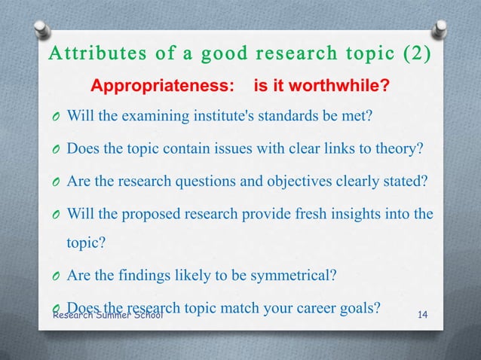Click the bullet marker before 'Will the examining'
[56, 118]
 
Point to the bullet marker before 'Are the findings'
[56, 276]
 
